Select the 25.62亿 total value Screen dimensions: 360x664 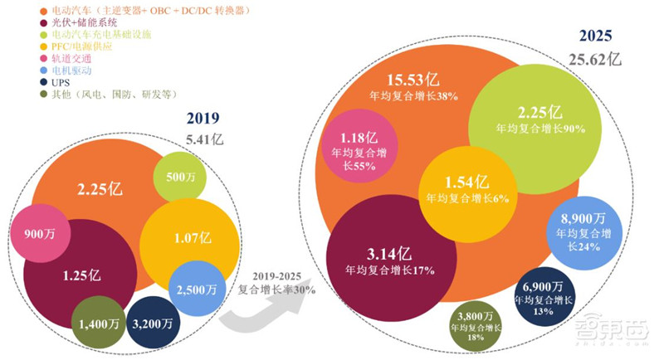tap(594, 57)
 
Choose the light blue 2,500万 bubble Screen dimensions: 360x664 tap(197, 289)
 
